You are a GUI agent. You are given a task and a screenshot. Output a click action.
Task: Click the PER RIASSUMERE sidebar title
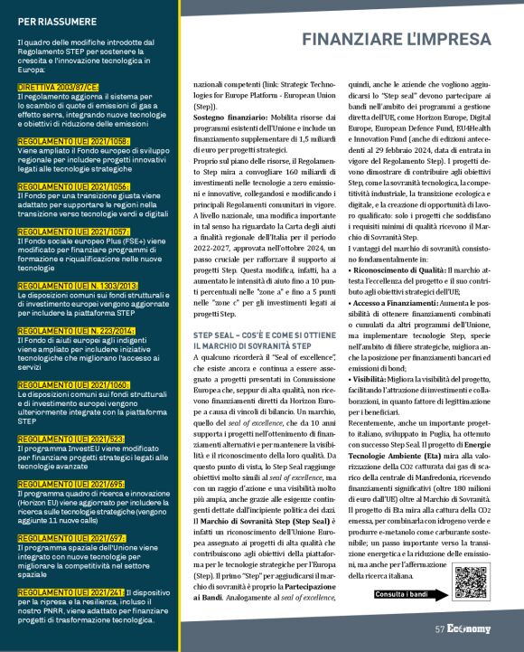pos(53,19)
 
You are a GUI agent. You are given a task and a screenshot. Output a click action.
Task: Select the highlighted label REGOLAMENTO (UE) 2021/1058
pos(74,141)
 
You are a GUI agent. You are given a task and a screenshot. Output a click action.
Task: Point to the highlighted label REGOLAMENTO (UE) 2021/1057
pos(74,231)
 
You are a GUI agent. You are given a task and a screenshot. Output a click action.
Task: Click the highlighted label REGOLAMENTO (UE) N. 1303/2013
pos(78,286)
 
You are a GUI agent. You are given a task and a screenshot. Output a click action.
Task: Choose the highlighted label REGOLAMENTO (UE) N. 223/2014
pos(75,330)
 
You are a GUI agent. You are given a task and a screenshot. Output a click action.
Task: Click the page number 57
pos(440,629)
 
